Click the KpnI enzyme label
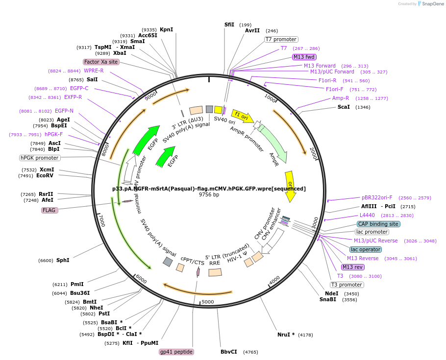(166, 29)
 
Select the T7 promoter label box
(281, 39)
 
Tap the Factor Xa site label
(101, 62)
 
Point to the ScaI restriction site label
(344, 107)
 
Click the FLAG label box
(50, 210)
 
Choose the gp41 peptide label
(176, 352)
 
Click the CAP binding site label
(378, 224)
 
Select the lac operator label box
(366, 249)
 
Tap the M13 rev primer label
(353, 267)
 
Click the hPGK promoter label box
(40, 158)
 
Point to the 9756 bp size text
(209, 195)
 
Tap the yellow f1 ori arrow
(242, 117)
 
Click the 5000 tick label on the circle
(208, 302)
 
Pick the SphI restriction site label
(63, 260)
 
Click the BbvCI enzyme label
(228, 352)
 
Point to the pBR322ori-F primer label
(377, 197)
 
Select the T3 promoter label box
(347, 285)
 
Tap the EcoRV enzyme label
(45, 175)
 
